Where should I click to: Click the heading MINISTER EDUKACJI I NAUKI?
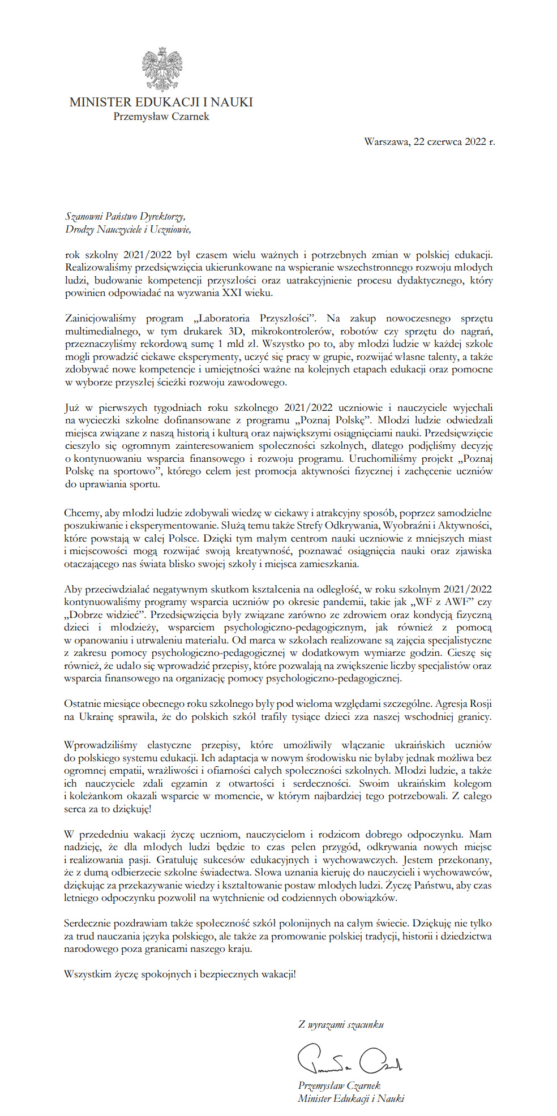click(x=161, y=102)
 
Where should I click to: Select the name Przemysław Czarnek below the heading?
click(x=161, y=117)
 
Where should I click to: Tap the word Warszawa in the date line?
click(x=386, y=141)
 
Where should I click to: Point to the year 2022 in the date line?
click(x=475, y=141)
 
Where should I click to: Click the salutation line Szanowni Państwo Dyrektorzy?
click(x=125, y=216)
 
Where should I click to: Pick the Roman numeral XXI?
click(x=232, y=293)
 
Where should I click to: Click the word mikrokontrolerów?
click(x=294, y=331)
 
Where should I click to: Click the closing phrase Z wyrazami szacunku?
click(x=341, y=1024)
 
